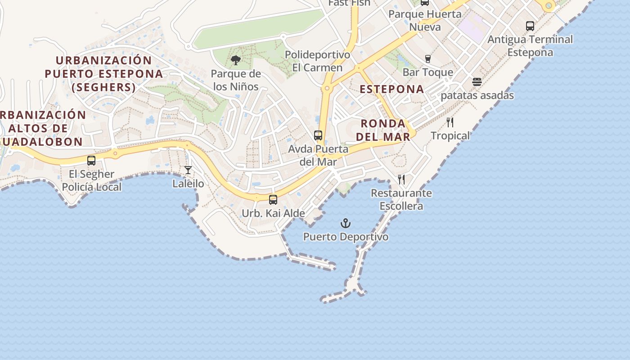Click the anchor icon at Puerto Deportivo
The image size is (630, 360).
point(345,223)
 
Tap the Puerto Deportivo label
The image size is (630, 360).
point(346,237)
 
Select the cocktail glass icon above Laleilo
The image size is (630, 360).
point(188,170)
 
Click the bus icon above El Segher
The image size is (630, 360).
point(91,161)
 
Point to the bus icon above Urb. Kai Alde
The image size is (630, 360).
point(273,200)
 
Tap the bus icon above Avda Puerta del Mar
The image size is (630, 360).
point(318,135)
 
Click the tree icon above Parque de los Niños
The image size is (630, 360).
point(235,60)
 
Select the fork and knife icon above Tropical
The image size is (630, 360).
point(450,122)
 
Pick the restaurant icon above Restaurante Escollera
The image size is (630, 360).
point(401,180)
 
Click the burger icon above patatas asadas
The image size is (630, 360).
point(477,82)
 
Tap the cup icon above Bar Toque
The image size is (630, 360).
point(427,59)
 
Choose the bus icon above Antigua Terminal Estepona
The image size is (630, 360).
point(530,26)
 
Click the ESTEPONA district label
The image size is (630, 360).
point(392,89)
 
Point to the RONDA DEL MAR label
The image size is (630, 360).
point(386,130)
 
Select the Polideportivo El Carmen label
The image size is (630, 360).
point(318,61)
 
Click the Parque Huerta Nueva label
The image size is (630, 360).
point(425,20)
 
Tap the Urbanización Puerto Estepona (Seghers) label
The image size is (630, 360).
point(104,74)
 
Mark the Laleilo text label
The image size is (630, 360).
point(188,184)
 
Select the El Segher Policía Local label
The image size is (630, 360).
point(92,180)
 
